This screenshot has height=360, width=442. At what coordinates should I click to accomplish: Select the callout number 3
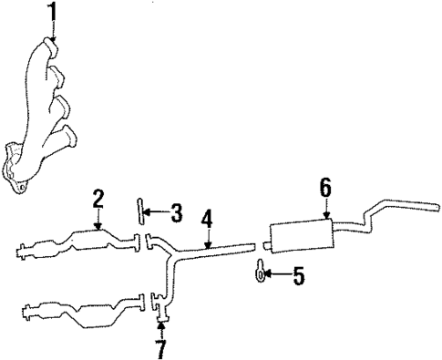(x=177, y=214)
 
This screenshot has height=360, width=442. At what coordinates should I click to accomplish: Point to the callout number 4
(x=208, y=220)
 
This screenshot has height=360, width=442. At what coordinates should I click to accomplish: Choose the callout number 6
(x=325, y=189)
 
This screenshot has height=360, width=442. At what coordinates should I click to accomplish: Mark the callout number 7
(x=161, y=348)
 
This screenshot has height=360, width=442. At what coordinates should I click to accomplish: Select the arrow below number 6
(x=325, y=210)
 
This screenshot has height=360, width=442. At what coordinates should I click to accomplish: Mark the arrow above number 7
(x=161, y=328)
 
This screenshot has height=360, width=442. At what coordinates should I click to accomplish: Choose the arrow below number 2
(x=98, y=220)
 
